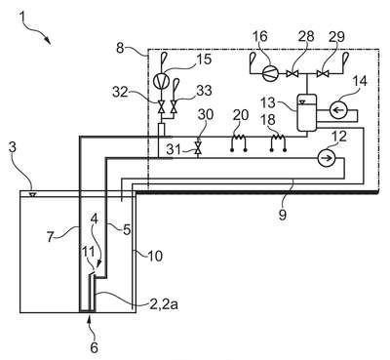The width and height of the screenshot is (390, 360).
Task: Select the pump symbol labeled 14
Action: [x=338, y=110]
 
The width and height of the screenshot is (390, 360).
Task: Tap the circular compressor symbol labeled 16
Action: [x=271, y=74]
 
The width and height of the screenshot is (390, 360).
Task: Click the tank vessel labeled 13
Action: [x=307, y=112]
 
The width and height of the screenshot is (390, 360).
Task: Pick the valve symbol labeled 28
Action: [x=292, y=74]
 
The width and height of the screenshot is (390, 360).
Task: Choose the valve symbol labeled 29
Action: [x=322, y=74]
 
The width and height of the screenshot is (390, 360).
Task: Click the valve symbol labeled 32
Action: [x=161, y=106]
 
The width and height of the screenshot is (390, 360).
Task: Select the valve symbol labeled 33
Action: [x=175, y=106]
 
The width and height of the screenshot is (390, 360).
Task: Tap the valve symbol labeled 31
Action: [x=197, y=148]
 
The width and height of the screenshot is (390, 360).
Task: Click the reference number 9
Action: [x=283, y=215]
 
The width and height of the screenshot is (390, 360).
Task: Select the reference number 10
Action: [x=155, y=256]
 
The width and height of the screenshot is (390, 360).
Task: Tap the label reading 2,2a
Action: [x=164, y=304]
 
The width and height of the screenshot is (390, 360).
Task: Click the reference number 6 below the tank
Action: [x=94, y=347]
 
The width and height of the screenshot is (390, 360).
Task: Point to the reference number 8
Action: [x=121, y=49]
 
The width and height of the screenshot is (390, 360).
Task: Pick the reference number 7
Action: [x=50, y=237]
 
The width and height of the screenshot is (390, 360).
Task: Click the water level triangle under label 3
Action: [x=32, y=195]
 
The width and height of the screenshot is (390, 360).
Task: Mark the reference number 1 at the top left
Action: [x=22, y=16]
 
